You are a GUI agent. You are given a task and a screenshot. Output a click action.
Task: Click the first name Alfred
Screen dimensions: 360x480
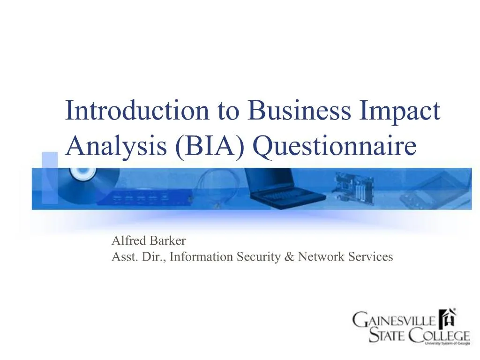(x=129, y=241)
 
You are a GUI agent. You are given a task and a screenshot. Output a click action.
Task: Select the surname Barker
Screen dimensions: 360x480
(x=168, y=241)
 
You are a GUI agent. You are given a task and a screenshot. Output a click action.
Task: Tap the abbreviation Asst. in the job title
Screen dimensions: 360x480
(x=123, y=257)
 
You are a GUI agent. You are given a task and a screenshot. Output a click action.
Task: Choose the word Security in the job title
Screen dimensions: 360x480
(x=255, y=257)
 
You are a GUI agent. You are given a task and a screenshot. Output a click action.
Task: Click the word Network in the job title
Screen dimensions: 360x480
(x=318, y=257)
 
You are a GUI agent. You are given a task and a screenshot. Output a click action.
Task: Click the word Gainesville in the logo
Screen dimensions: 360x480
(x=395, y=322)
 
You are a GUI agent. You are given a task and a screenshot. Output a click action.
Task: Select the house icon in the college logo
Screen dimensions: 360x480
(x=449, y=320)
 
